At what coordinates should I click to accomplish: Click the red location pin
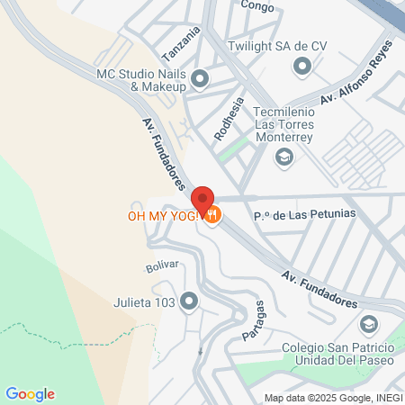202,200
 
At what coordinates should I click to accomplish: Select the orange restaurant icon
212,215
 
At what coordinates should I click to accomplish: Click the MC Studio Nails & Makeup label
145,79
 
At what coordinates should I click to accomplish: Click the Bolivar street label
163,267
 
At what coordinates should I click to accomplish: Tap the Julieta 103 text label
144,302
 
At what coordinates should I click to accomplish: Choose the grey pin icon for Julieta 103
189,301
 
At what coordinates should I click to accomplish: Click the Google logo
30,393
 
